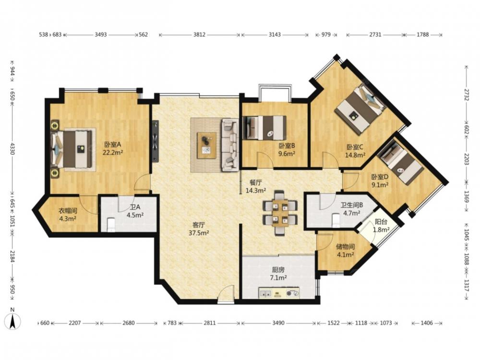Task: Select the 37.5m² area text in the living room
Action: tap(199, 233)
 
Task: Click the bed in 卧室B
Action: tap(265, 127)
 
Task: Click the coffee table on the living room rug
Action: tap(206, 145)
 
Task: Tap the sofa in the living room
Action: tap(229, 145)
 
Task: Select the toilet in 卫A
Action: tap(111, 224)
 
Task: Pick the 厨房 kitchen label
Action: tap(278, 270)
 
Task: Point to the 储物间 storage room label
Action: tap(345, 246)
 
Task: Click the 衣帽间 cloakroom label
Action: tap(68, 211)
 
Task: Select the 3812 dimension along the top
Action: tap(199, 35)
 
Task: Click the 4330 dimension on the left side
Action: tap(12, 148)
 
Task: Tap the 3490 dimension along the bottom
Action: tap(278, 323)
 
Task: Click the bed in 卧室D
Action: tap(401, 164)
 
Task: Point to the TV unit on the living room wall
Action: tap(156, 141)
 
